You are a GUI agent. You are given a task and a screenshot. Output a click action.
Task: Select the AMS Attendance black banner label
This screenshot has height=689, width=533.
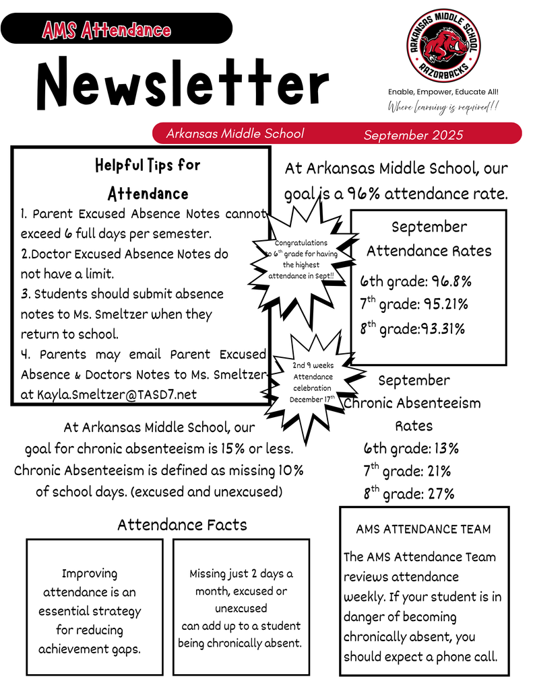tap(106, 30)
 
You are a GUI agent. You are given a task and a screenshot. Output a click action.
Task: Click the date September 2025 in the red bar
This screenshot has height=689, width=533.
tap(413, 135)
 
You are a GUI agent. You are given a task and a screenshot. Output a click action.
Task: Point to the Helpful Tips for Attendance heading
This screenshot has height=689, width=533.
tap(148, 179)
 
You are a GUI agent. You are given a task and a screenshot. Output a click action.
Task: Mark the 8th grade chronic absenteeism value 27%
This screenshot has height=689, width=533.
tap(441, 494)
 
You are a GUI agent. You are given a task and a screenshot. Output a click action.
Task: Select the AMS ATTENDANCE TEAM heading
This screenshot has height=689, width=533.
tap(423, 530)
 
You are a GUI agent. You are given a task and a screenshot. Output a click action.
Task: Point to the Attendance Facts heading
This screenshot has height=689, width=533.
tap(182, 525)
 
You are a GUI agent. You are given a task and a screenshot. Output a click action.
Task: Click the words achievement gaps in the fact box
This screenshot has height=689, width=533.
tap(90, 649)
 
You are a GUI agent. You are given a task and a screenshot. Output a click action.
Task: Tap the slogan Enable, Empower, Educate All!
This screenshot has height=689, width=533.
tap(443, 92)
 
